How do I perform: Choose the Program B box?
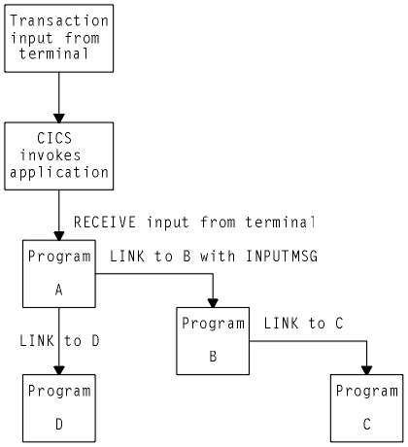[213, 339]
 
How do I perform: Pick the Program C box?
[366, 407]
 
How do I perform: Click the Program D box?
[58, 407]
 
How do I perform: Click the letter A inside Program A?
[58, 289]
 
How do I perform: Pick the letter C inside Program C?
[366, 425]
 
